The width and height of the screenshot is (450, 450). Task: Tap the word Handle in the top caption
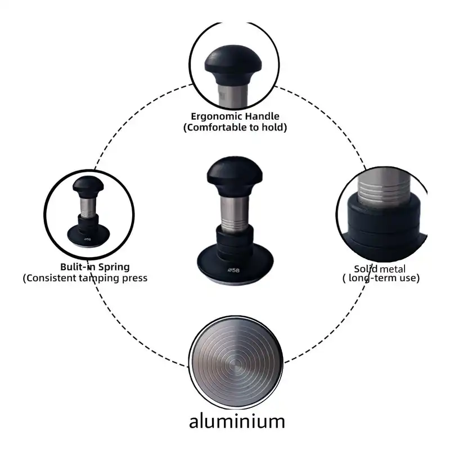(262, 116)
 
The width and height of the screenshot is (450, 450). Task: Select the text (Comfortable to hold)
(235, 127)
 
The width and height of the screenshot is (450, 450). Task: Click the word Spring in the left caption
(114, 267)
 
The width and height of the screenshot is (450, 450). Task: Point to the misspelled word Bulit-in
(78, 267)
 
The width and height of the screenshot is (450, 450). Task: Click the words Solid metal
(379, 269)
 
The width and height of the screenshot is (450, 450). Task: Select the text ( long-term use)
(381, 278)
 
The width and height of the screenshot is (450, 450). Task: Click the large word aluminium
(237, 421)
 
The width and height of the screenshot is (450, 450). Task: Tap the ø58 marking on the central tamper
(233, 270)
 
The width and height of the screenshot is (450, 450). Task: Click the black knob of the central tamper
(235, 176)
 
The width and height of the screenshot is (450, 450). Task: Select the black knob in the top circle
(233, 65)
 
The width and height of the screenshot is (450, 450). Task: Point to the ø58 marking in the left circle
(88, 238)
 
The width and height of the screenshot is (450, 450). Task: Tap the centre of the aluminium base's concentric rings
(235, 363)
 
